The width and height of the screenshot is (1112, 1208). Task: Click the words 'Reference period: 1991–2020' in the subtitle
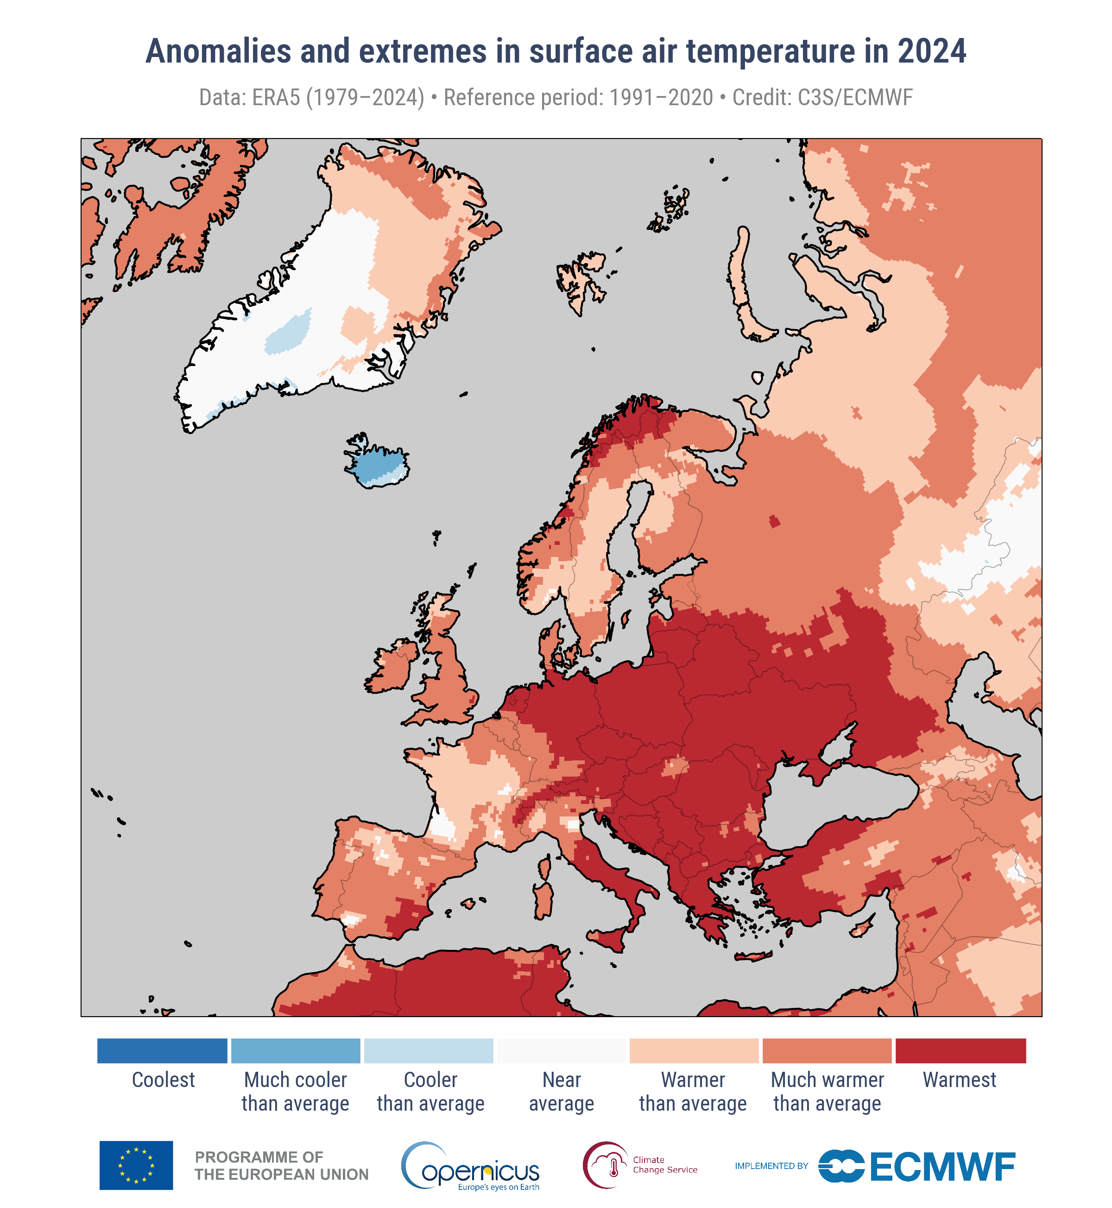(578, 97)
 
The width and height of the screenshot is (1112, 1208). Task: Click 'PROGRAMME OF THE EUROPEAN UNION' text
(281, 1166)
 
